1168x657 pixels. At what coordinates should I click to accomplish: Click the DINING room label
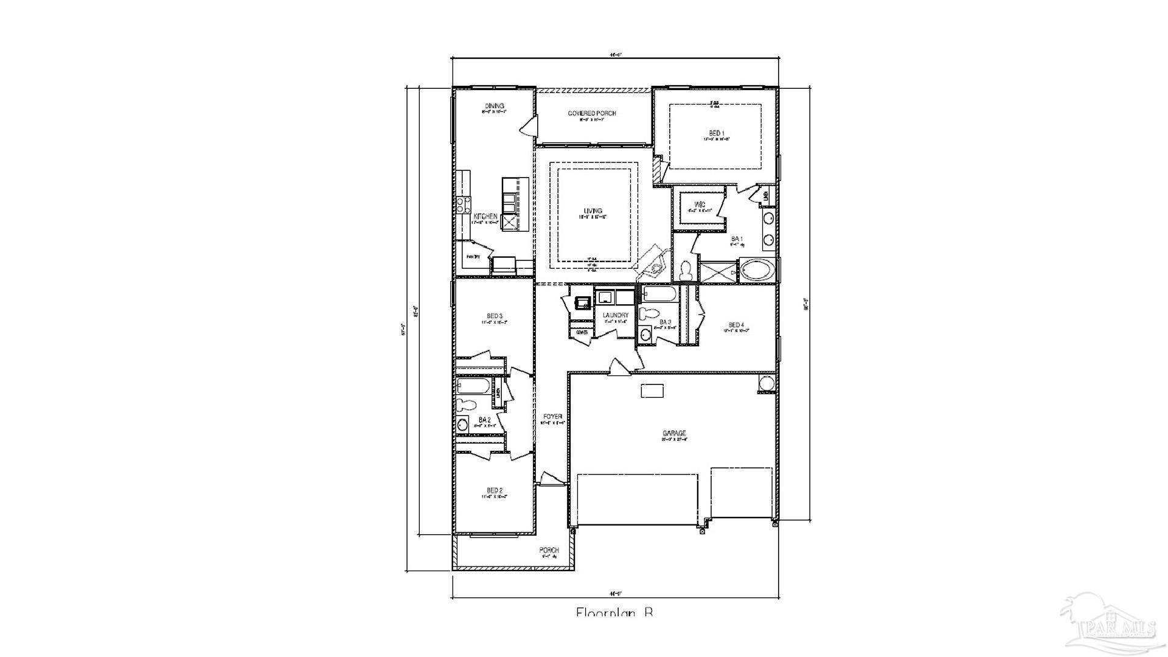point(494,106)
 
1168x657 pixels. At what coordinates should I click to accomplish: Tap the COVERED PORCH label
point(592,114)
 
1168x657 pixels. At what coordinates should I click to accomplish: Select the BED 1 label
point(716,133)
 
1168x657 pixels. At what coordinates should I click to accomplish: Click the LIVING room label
point(593,211)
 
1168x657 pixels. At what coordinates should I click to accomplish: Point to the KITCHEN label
point(485,217)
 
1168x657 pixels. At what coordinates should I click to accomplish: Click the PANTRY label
point(473,257)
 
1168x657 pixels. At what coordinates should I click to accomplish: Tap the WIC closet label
point(700,204)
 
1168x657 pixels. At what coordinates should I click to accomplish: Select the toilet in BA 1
point(686,270)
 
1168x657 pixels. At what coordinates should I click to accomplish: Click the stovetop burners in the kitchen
point(464,205)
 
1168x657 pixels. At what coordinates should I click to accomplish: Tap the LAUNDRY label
point(615,315)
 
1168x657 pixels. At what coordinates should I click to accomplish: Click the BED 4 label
point(736,325)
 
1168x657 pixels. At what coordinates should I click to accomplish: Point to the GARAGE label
point(674,434)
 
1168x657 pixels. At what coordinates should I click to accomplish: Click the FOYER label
point(552,417)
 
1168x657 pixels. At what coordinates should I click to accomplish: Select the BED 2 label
point(495,490)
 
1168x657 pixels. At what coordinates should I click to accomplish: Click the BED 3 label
point(494,316)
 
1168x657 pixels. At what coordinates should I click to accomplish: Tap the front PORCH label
point(549,551)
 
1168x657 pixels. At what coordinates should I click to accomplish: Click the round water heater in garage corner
point(766,383)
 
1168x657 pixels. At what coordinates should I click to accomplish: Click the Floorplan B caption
point(614,612)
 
